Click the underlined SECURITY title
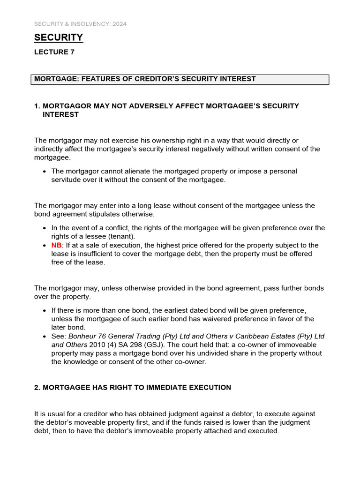pos(59,37)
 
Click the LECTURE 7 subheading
pos(54,52)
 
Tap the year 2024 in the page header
pos(119,23)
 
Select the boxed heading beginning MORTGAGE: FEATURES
pos(145,79)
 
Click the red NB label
pos(56,245)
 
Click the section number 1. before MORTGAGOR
pos(37,106)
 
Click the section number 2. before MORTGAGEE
pos(37,388)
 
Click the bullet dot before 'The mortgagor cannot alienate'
pos(44,172)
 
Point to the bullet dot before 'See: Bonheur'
pos(44,337)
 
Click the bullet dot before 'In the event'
pos(44,228)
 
